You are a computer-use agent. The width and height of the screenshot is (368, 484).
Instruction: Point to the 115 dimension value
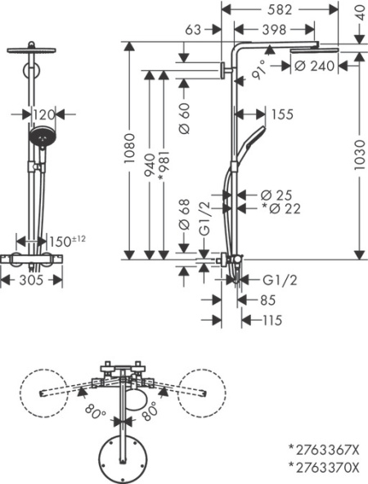click(272, 320)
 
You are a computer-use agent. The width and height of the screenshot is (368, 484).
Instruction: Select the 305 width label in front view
click(30, 280)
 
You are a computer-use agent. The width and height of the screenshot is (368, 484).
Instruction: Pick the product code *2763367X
click(323, 449)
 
